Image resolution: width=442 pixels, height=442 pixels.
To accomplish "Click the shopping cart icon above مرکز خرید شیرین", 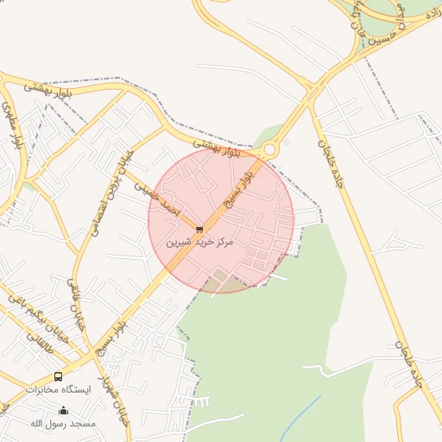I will pyautogui.click(x=199, y=230).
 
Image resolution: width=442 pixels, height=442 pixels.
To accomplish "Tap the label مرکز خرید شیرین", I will pyautogui.click(x=200, y=244).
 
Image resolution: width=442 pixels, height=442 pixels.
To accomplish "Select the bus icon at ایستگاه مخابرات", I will pyautogui.click(x=58, y=376).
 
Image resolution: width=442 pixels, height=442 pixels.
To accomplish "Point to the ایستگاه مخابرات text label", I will pyautogui.click(x=58, y=390).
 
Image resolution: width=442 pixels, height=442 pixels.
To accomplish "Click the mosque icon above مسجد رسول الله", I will pyautogui.click(x=62, y=410).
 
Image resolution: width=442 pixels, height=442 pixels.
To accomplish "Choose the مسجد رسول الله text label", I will pyautogui.click(x=62, y=423).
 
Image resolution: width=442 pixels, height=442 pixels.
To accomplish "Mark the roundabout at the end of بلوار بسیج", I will pyautogui.click(x=270, y=150).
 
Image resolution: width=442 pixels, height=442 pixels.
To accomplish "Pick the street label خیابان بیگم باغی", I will pyautogui.click(x=35, y=315).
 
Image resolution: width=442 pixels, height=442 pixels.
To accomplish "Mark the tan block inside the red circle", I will pyautogui.click(x=221, y=281).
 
